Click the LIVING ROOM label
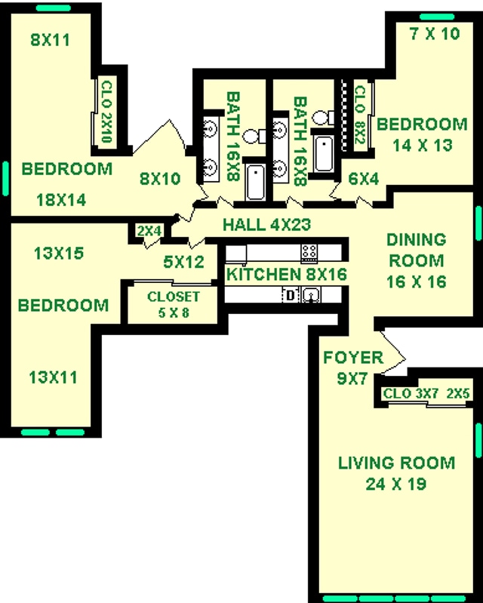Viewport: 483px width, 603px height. point(396,463)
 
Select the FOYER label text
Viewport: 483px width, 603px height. point(352,357)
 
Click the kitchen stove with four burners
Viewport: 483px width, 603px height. point(309,252)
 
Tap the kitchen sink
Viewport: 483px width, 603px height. point(310,295)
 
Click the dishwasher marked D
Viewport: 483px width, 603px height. point(290,295)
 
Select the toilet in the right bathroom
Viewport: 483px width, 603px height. point(322,118)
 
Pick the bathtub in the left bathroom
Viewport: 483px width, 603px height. point(255,182)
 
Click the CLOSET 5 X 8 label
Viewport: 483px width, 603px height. point(174,303)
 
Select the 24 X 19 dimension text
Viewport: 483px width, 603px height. point(396,484)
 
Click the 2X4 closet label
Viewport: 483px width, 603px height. point(149,232)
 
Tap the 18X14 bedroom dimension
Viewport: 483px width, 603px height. point(61,200)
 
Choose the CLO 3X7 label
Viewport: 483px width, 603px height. point(408,394)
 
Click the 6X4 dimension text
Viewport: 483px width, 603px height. point(363,179)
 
